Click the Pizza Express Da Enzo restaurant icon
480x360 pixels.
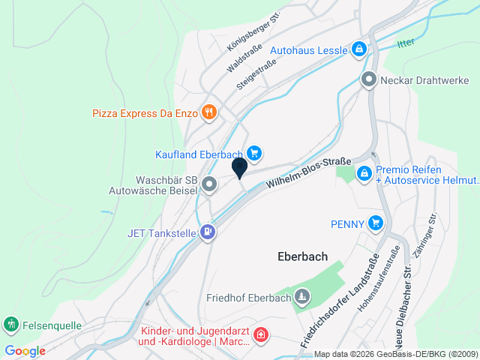[x=209, y=113]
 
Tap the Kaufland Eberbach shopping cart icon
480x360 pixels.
[x=254, y=154]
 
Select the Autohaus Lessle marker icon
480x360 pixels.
[x=359, y=50]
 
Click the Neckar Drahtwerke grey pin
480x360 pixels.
[x=368, y=79]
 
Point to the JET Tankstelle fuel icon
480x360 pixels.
[x=208, y=232]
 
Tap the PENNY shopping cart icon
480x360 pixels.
[x=376, y=223]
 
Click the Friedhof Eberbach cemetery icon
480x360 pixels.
[x=301, y=298]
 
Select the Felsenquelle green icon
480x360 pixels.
[x=10, y=325]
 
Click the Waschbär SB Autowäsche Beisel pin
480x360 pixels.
[x=209, y=183]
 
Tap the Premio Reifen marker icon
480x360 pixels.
[x=364, y=174]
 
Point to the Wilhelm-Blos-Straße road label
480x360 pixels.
[x=309, y=172]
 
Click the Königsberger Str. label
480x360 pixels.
[x=248, y=37]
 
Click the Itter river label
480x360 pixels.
[x=406, y=43]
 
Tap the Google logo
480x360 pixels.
[x=24, y=351]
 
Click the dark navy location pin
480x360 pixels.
[x=240, y=167]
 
